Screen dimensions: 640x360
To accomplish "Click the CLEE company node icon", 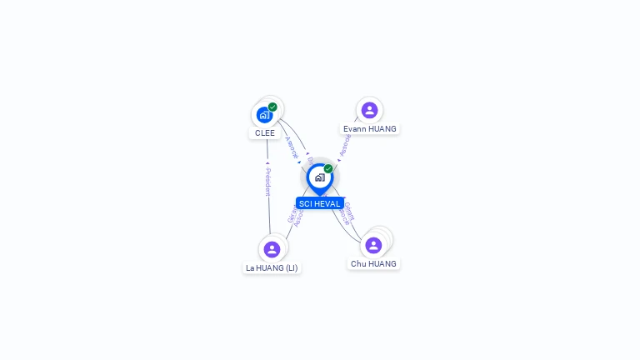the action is point(264,115).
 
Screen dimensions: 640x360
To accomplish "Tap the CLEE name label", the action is point(265,133).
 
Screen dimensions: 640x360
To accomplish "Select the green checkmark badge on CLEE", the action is point(272,107).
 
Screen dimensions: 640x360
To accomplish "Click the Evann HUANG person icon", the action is point(369,110).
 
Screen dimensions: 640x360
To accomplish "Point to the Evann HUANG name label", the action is point(370,129).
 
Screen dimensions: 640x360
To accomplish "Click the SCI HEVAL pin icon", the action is point(319,177).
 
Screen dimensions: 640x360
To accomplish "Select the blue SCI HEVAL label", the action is point(320,203).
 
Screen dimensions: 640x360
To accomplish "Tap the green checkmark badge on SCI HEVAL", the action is point(328,169).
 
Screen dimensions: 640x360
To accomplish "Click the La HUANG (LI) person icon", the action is point(272,249).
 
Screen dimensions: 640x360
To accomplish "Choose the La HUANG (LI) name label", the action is point(272,268).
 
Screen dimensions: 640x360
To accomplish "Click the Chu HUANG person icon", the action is point(373,245).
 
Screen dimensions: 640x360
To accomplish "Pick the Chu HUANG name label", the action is point(373,264).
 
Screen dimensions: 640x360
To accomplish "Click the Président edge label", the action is point(267,181).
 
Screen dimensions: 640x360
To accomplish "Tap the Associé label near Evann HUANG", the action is point(345,146).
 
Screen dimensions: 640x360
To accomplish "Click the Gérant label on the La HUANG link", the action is point(292,215).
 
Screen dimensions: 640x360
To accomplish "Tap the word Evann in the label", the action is point(357,129).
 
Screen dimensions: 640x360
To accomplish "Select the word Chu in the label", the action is point(358,264).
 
